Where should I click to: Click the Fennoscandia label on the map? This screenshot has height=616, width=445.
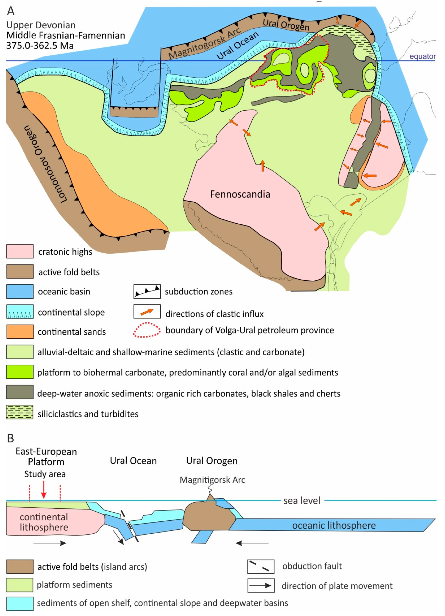[240, 194]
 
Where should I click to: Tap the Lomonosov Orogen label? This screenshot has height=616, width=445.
[45, 164]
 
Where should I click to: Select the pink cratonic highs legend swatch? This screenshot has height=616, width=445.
[20, 251]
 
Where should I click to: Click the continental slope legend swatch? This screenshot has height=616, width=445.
[20, 311]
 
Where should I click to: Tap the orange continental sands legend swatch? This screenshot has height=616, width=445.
[20, 332]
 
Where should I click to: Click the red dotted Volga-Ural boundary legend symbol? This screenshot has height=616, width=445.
[147, 330]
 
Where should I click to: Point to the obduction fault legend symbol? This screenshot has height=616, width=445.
[260, 566]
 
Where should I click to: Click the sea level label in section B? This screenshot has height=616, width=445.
[302, 500]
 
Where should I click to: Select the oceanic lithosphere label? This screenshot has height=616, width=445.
[334, 525]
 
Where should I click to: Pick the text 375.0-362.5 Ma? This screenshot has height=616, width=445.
[40, 45]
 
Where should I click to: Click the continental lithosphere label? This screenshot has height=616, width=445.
[44, 522]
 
